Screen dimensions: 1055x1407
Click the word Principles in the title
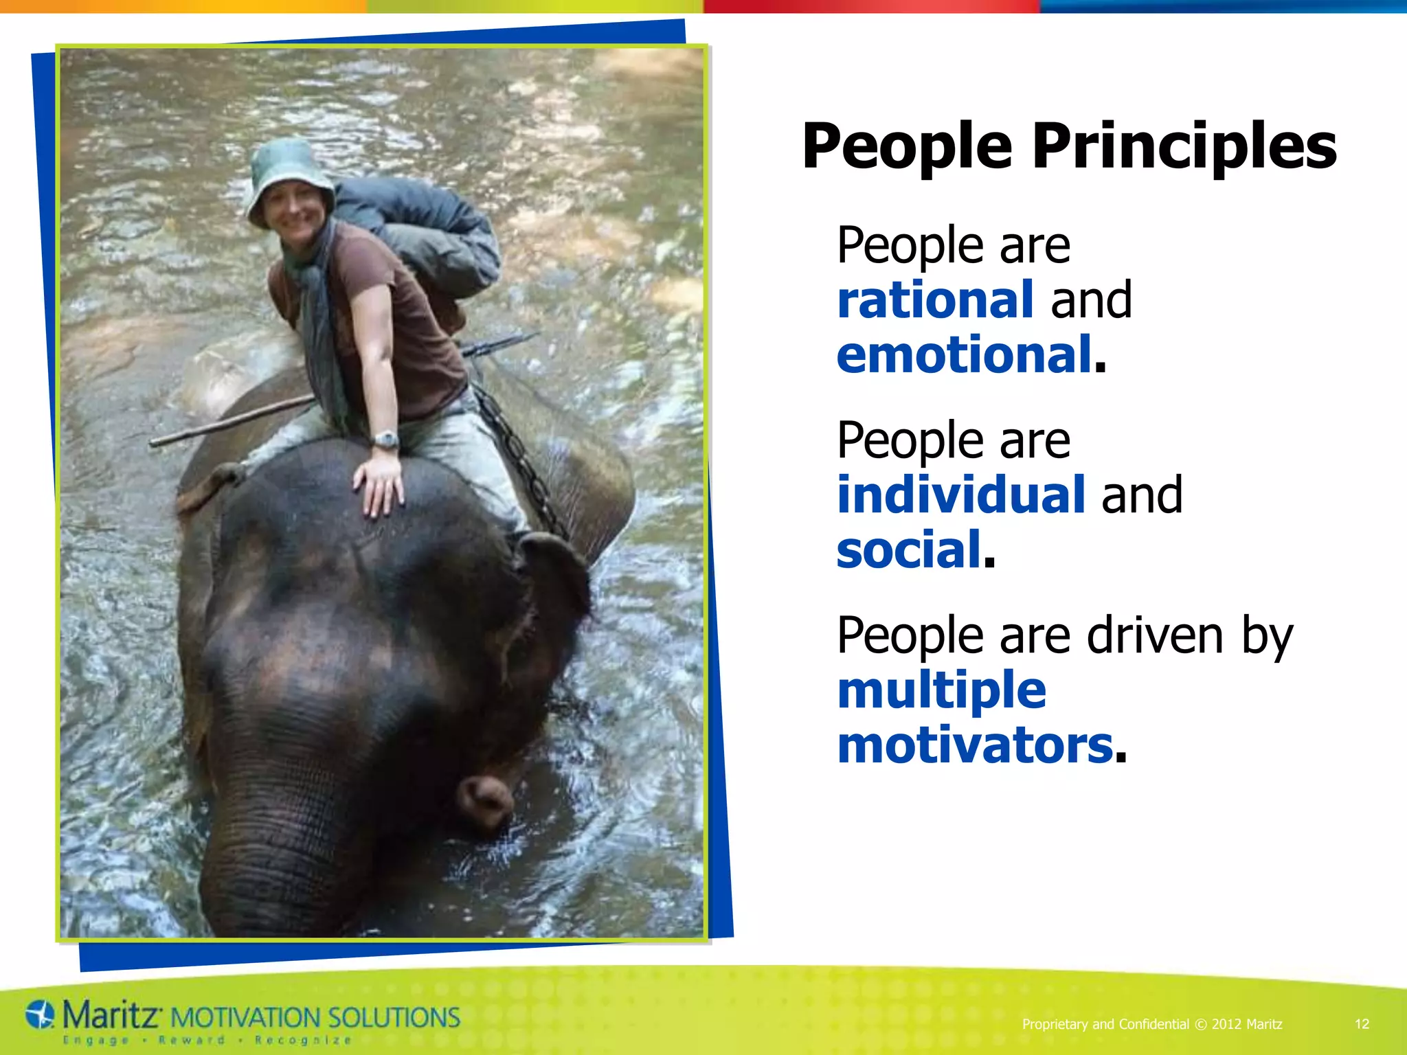pyautogui.click(x=1184, y=146)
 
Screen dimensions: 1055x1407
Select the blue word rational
pyautogui.click(x=935, y=300)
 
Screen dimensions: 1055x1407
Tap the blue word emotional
pyautogui.click(x=964, y=355)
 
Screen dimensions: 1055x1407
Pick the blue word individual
pyautogui.click(x=960, y=495)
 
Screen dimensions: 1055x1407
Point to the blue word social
pyautogui.click(x=908, y=550)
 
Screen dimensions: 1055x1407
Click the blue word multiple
pyautogui.click(x=941, y=690)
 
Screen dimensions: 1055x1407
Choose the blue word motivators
pyautogui.click(x=974, y=746)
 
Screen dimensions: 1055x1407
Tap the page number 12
pyautogui.click(x=1362, y=1024)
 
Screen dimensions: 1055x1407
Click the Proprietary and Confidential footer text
pyautogui.click(x=1105, y=1024)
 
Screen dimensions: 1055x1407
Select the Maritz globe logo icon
pyautogui.click(x=40, y=1014)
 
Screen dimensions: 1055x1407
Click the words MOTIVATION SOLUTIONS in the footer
pyautogui.click(x=315, y=1017)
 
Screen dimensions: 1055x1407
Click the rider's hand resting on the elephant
pyautogui.click(x=379, y=485)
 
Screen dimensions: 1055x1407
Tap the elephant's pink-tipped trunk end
pyautogui.click(x=485, y=800)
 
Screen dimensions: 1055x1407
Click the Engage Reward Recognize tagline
pyautogui.click(x=206, y=1040)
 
